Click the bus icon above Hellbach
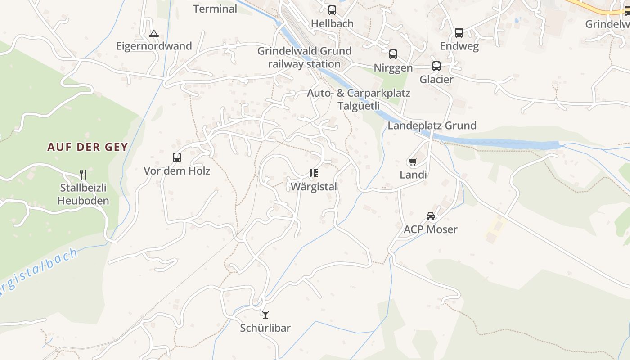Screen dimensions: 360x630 [332, 10]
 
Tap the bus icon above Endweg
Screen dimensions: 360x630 [459, 32]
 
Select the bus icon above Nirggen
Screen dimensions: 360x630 [393, 54]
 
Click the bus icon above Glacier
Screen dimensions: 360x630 [436, 66]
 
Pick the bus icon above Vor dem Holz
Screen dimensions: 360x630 [177, 157]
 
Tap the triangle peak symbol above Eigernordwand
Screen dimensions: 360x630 [154, 33]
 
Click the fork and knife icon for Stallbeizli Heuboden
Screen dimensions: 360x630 [83, 174]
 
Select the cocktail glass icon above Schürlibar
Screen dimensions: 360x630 [265, 314]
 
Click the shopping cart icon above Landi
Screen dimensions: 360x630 [413, 162]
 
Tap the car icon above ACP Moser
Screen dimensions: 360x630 [431, 216]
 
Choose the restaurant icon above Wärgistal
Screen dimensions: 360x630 [314, 173]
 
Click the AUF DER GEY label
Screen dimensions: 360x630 [88, 147]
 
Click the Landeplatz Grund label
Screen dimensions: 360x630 [432, 126]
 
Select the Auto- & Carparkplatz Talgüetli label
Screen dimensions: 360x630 [359, 99]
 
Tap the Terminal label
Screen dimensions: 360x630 [215, 9]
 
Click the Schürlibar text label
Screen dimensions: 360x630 [265, 328]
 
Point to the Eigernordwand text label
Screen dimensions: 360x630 [154, 46]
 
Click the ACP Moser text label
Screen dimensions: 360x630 [431, 229]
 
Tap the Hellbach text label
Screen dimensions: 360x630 [332, 23]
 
